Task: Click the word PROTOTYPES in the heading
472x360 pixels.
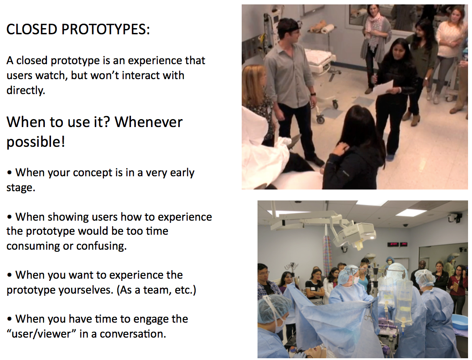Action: coord(105,29)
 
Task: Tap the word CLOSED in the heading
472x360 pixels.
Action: coord(32,29)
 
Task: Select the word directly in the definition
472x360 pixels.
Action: coord(25,90)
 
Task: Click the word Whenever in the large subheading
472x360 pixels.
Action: coord(149,122)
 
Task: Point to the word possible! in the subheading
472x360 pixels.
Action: coord(36,142)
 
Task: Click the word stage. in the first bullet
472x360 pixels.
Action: coord(21,188)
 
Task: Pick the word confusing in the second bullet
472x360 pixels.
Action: coord(101,246)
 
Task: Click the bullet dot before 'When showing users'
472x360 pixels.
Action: coord(10,217)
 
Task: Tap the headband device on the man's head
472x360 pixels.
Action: coord(290,26)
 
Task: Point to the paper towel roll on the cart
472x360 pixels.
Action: coord(328,29)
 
